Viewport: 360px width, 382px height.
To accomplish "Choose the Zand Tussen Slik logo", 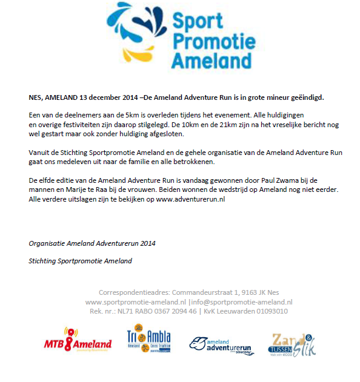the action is click(x=293, y=344).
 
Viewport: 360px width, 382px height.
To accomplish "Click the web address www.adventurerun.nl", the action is click(x=190, y=199).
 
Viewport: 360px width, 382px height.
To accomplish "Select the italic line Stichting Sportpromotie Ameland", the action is click(x=80, y=261).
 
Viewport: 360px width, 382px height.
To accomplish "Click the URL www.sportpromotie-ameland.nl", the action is click(x=135, y=301).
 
